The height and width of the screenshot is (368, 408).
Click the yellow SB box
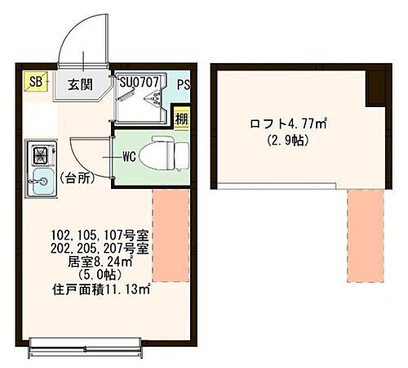(x=36, y=81)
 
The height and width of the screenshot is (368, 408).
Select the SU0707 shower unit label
(x=142, y=82)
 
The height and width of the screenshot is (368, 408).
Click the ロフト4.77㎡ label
(x=288, y=125)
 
